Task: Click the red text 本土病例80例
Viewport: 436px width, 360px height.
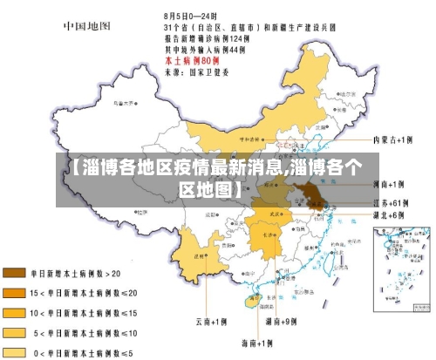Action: [191, 59]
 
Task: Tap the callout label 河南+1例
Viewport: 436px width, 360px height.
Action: [388, 185]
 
